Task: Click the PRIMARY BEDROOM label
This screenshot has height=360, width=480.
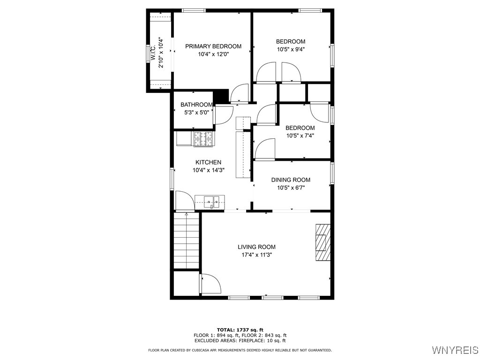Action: [x=213, y=46]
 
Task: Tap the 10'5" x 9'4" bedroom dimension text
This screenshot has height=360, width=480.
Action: [x=290, y=49]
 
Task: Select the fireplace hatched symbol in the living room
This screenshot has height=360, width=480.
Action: [x=323, y=242]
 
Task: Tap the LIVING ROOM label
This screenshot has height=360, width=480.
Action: [x=256, y=247]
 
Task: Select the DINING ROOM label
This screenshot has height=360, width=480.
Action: [x=291, y=180]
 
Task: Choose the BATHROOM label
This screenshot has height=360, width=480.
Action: [x=196, y=105]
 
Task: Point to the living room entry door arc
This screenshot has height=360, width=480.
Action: [x=211, y=285]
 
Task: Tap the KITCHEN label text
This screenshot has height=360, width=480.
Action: [x=208, y=162]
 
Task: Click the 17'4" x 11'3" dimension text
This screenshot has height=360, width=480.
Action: [x=256, y=255]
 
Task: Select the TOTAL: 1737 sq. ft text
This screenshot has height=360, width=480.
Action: [x=240, y=330]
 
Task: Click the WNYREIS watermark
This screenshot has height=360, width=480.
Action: [x=455, y=350]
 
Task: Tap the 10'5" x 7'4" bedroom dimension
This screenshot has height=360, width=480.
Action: [x=300, y=136]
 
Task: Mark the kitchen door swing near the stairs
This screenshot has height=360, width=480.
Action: [x=184, y=201]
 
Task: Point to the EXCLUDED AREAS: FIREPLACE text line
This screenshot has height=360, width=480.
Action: [x=240, y=341]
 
